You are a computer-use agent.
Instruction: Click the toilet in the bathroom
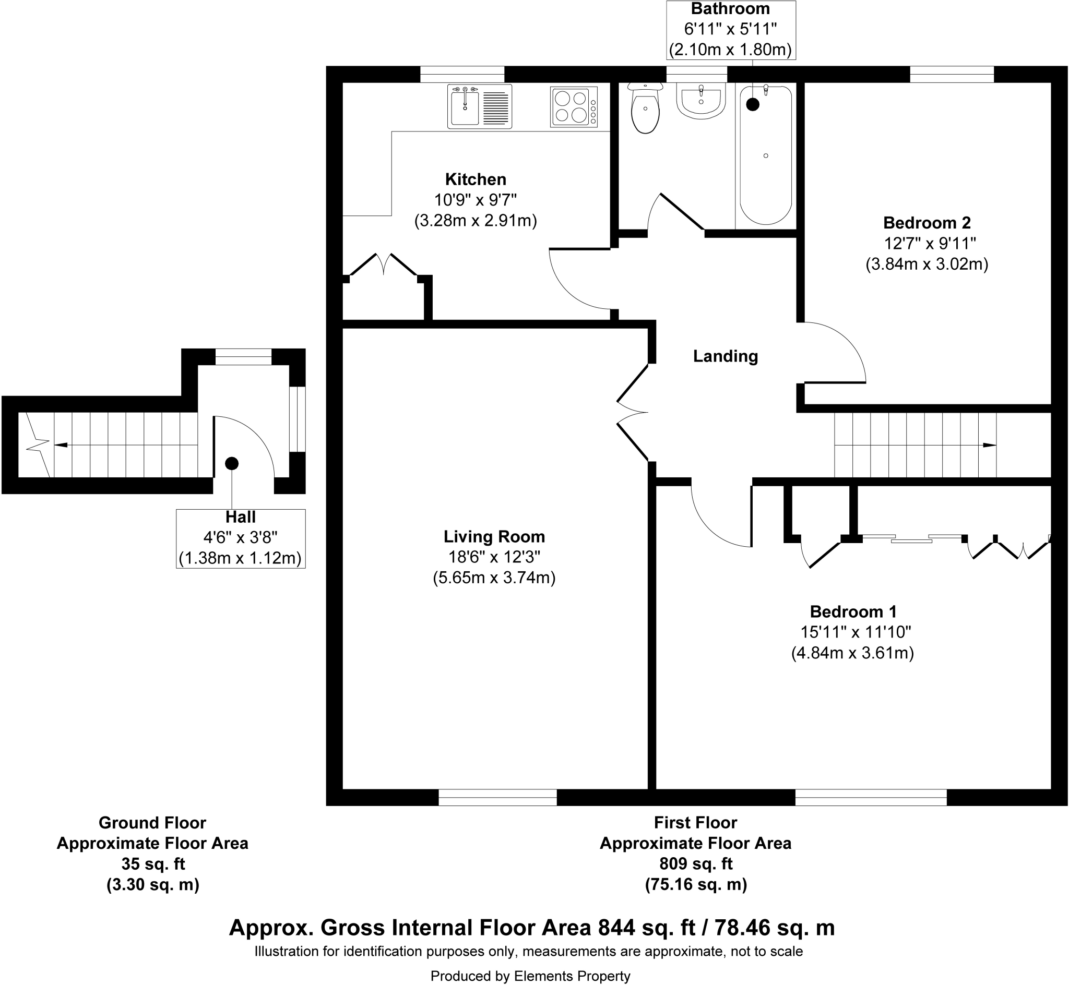645,109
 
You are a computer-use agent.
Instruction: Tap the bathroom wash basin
700,101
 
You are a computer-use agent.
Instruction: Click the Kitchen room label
476,179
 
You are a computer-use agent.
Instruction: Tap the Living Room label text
494,536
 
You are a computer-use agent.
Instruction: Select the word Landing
725,356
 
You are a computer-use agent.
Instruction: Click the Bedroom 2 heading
927,222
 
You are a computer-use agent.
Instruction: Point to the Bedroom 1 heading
853,611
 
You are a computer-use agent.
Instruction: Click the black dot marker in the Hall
231,464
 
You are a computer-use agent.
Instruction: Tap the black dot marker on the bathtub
752,104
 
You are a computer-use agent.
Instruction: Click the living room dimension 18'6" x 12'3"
494,557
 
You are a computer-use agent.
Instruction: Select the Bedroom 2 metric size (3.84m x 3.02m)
927,264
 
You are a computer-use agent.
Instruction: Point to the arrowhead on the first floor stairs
989,445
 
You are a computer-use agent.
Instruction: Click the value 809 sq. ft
696,863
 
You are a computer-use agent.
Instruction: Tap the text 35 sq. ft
153,863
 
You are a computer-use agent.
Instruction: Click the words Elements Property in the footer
572,976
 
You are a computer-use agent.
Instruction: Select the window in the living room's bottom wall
497,797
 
